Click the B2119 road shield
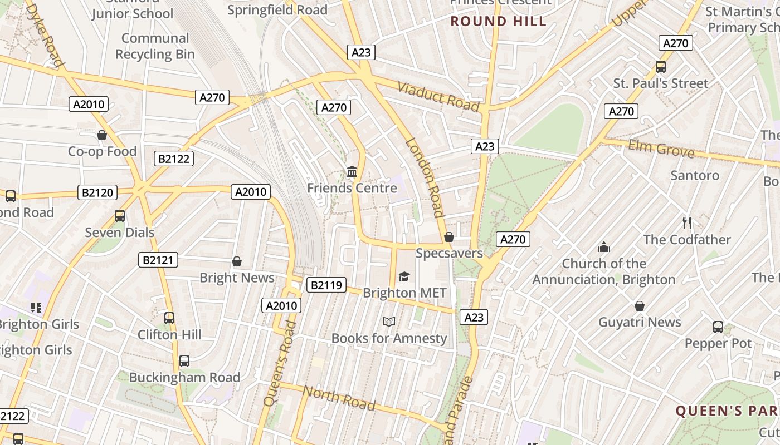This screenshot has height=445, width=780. (326, 285)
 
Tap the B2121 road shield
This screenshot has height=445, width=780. (159, 260)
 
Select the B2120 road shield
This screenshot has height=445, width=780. (97, 193)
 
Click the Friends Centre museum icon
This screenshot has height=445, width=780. (352, 171)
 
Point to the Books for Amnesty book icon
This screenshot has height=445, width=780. (389, 322)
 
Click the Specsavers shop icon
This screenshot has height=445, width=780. (449, 237)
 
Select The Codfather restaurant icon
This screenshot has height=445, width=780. (687, 223)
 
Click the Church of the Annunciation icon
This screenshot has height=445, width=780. (603, 247)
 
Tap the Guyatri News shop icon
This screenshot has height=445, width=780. (640, 306)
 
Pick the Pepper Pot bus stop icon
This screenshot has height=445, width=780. (718, 327)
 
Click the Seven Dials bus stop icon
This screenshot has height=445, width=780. (119, 216)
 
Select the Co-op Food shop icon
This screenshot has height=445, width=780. (102, 135)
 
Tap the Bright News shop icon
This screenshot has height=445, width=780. (237, 261)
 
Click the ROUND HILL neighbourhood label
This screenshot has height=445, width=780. (498, 22)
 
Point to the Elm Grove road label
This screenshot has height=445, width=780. (661, 149)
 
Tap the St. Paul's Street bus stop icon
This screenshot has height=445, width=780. (661, 67)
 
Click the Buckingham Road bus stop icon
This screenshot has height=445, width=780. (184, 361)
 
